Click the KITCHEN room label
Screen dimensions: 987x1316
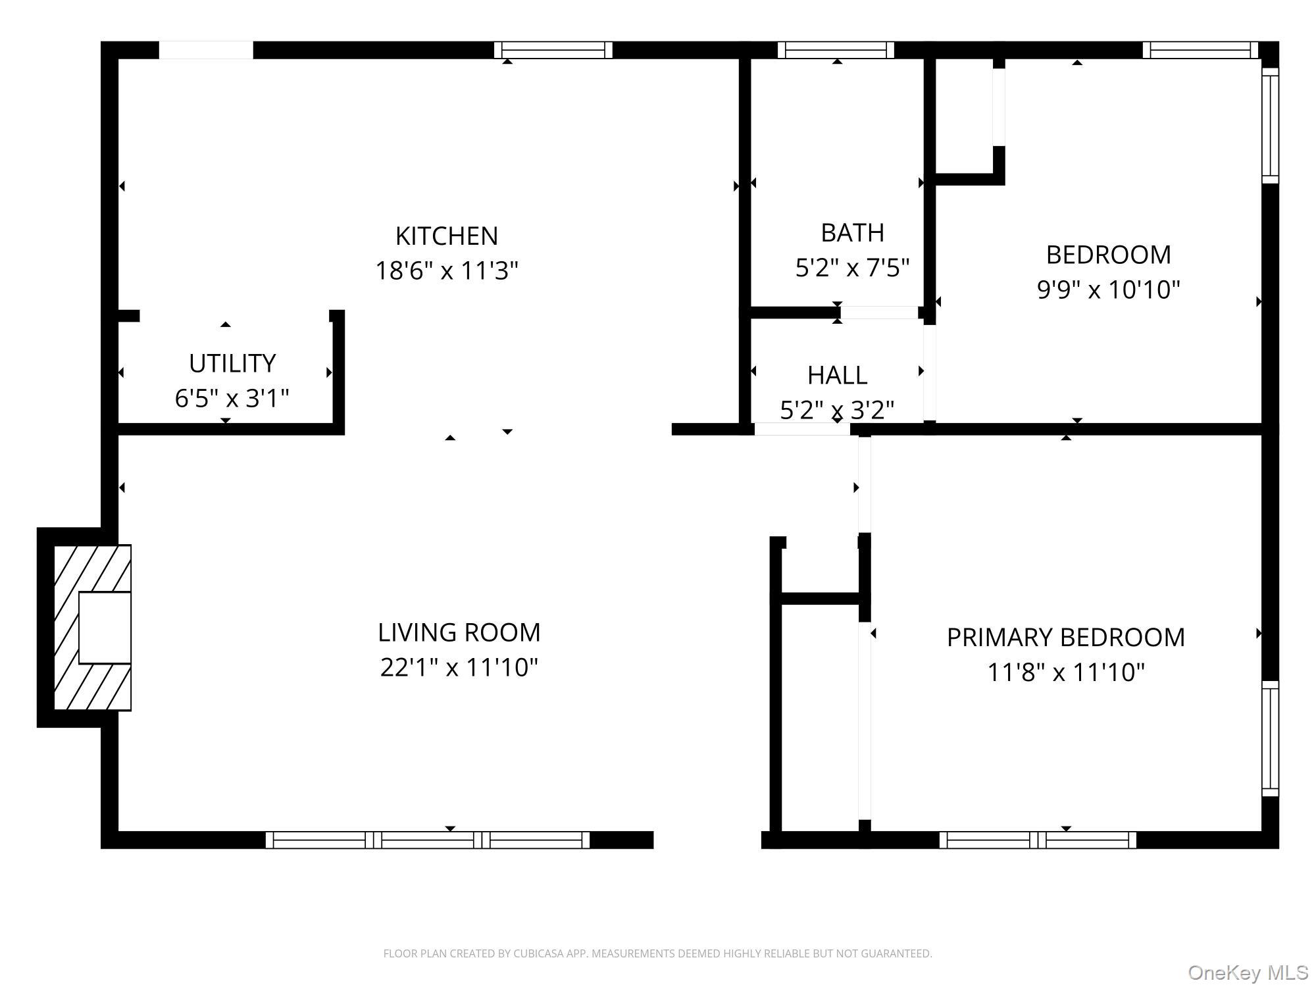pyautogui.click(x=446, y=236)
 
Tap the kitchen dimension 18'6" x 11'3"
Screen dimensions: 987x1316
pyautogui.click(x=446, y=270)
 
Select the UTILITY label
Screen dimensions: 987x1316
pyautogui.click(x=232, y=363)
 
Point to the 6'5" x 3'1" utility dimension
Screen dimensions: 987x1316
pyautogui.click(x=232, y=398)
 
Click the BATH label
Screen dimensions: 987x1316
pyautogui.click(x=852, y=232)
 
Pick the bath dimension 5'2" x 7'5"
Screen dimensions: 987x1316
pyautogui.click(x=852, y=268)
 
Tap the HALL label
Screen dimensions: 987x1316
pyautogui.click(x=837, y=375)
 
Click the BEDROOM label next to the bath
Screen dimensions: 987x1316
pyautogui.click(x=1108, y=255)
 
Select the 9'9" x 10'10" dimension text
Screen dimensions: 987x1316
pyautogui.click(x=1108, y=290)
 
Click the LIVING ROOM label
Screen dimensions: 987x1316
pyautogui.click(x=459, y=632)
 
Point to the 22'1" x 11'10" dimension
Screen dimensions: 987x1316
pyautogui.click(x=459, y=667)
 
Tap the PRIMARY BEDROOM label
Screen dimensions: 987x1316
pyautogui.click(x=1065, y=637)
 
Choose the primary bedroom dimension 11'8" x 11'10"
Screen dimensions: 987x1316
pyautogui.click(x=1065, y=672)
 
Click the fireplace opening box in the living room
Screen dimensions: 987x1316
pyautogui.click(x=105, y=627)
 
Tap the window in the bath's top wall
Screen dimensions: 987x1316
pyautogui.click(x=836, y=50)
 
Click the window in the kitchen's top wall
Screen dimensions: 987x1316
pyautogui.click(x=553, y=50)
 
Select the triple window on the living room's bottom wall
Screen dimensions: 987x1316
pyautogui.click(x=428, y=840)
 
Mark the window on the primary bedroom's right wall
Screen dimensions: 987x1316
pyautogui.click(x=1270, y=738)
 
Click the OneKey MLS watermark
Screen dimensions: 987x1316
pyautogui.click(x=1248, y=973)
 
